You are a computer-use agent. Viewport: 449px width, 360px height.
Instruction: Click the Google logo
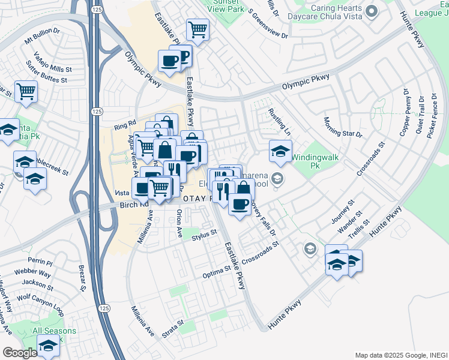(x=20, y=353)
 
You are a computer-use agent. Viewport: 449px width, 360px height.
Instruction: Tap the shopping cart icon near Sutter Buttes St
(x=26, y=92)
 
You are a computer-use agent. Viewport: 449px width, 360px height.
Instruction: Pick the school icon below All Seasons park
(x=48, y=346)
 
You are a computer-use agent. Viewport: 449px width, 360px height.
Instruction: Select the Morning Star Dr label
(x=343, y=127)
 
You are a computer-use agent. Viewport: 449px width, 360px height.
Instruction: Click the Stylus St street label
(x=203, y=236)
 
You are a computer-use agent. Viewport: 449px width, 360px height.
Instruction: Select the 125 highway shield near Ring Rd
(x=97, y=111)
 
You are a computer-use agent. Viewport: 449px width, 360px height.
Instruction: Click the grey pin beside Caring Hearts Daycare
(x=372, y=11)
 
